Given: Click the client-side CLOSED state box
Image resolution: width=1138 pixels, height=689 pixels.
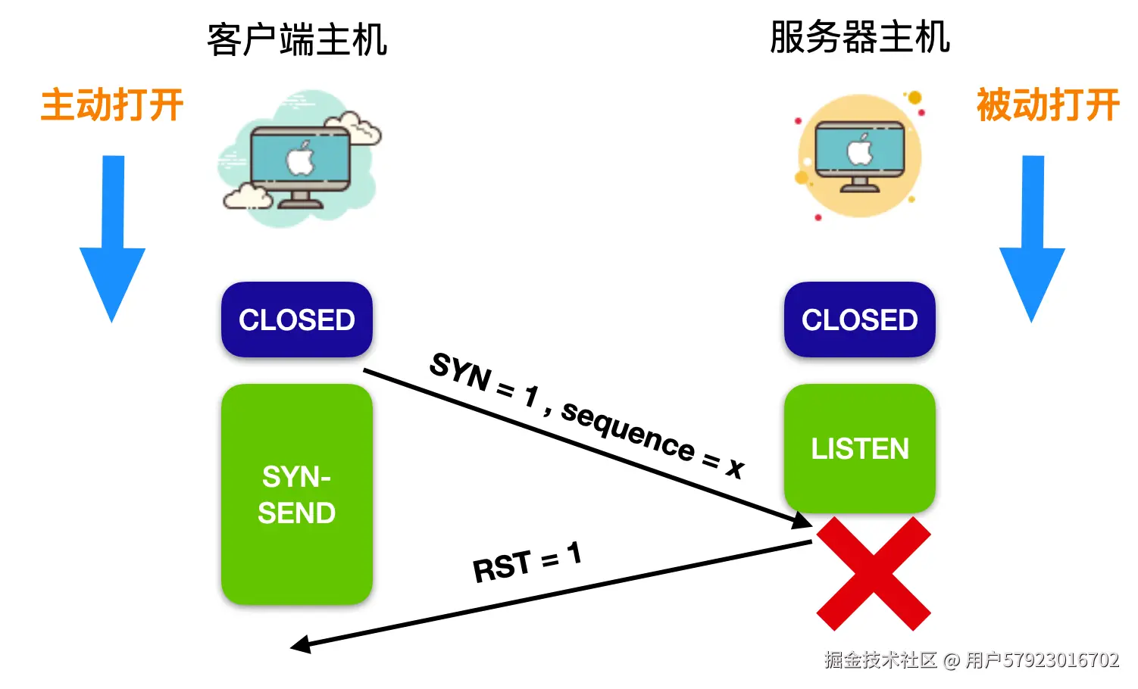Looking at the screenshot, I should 296,320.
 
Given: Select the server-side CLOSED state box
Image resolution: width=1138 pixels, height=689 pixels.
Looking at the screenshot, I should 859,320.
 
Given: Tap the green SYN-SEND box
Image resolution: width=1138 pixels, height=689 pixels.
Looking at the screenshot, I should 296,494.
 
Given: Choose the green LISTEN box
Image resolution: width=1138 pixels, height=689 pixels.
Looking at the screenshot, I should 859,448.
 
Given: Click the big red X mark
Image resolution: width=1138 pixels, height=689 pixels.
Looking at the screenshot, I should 873,574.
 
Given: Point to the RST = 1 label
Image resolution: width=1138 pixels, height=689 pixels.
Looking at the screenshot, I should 527,562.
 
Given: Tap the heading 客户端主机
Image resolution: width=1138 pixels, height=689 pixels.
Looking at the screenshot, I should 297,40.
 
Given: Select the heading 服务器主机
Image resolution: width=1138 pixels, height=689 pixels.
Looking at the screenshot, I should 859,38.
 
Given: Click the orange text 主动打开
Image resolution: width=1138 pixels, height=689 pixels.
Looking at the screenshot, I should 112,105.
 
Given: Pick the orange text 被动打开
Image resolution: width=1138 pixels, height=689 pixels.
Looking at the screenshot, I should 1047,105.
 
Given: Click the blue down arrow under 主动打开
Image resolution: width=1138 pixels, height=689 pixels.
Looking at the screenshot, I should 113,242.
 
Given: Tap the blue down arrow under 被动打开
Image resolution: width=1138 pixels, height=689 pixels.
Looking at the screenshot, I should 1032,242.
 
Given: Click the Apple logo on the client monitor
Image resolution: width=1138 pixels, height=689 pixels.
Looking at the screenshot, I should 300,158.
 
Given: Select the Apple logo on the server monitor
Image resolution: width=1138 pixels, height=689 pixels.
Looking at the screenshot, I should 859,150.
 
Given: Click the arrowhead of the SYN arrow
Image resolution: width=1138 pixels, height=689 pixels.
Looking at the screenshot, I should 802,521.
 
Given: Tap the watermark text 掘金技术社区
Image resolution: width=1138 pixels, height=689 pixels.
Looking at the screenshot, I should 880,660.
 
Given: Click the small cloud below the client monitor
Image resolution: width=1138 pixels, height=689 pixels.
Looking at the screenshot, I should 247,196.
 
